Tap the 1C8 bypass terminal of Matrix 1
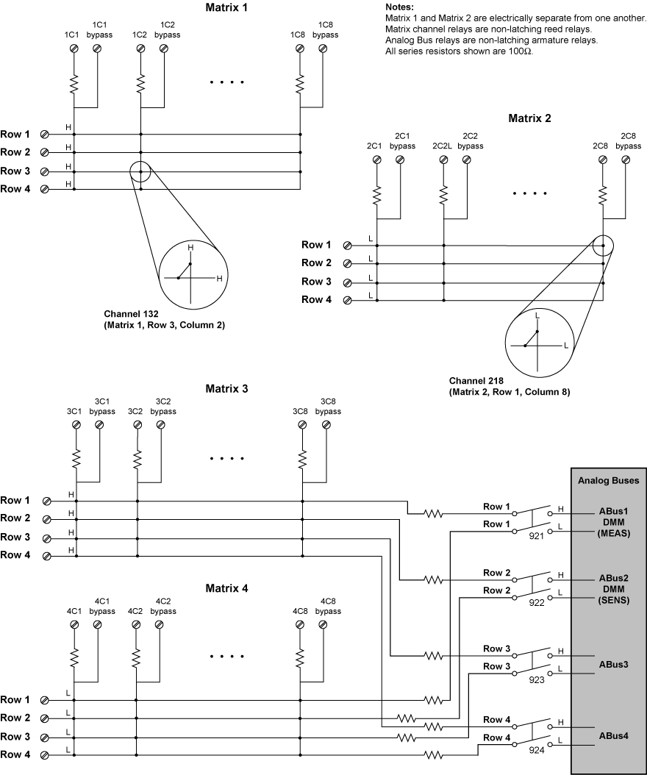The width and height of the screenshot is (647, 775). (x=323, y=49)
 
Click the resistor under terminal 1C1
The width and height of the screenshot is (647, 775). (x=74, y=84)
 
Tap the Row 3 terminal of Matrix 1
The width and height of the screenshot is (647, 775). (x=45, y=171)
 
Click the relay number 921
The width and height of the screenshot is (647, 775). (x=536, y=536)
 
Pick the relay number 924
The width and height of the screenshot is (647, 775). (x=536, y=751)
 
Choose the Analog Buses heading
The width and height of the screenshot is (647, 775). (x=607, y=480)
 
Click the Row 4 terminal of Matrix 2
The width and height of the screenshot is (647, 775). (x=346, y=300)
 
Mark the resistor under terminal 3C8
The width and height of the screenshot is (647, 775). (x=301, y=458)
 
